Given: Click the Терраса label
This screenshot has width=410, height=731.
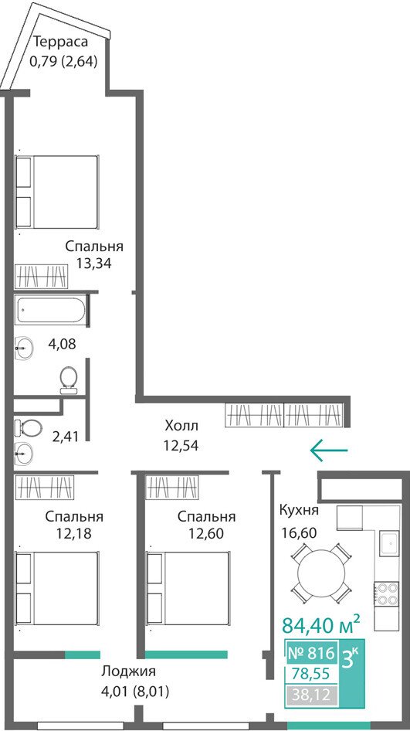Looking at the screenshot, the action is (60, 42).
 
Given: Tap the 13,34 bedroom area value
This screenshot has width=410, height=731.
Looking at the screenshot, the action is (94, 263).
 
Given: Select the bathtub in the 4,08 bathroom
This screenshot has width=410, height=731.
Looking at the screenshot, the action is (50, 310).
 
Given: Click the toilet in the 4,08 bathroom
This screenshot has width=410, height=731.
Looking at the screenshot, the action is (69, 380).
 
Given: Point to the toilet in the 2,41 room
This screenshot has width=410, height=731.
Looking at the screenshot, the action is (28, 427).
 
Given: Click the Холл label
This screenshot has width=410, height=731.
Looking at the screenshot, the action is (181, 426).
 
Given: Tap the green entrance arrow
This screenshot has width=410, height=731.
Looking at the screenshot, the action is (329, 450).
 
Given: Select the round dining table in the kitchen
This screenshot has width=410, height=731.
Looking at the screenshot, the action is (321, 572).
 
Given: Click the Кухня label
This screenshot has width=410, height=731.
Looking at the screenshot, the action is (299, 510).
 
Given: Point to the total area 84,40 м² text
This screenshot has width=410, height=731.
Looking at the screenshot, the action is (320, 624).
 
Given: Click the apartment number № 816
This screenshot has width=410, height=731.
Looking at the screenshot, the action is (311, 653).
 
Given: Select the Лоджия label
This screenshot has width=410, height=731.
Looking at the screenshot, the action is (129, 671).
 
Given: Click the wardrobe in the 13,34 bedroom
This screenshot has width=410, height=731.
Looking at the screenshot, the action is (41, 277).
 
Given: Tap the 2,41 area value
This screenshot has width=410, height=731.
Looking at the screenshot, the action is (66, 437).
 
